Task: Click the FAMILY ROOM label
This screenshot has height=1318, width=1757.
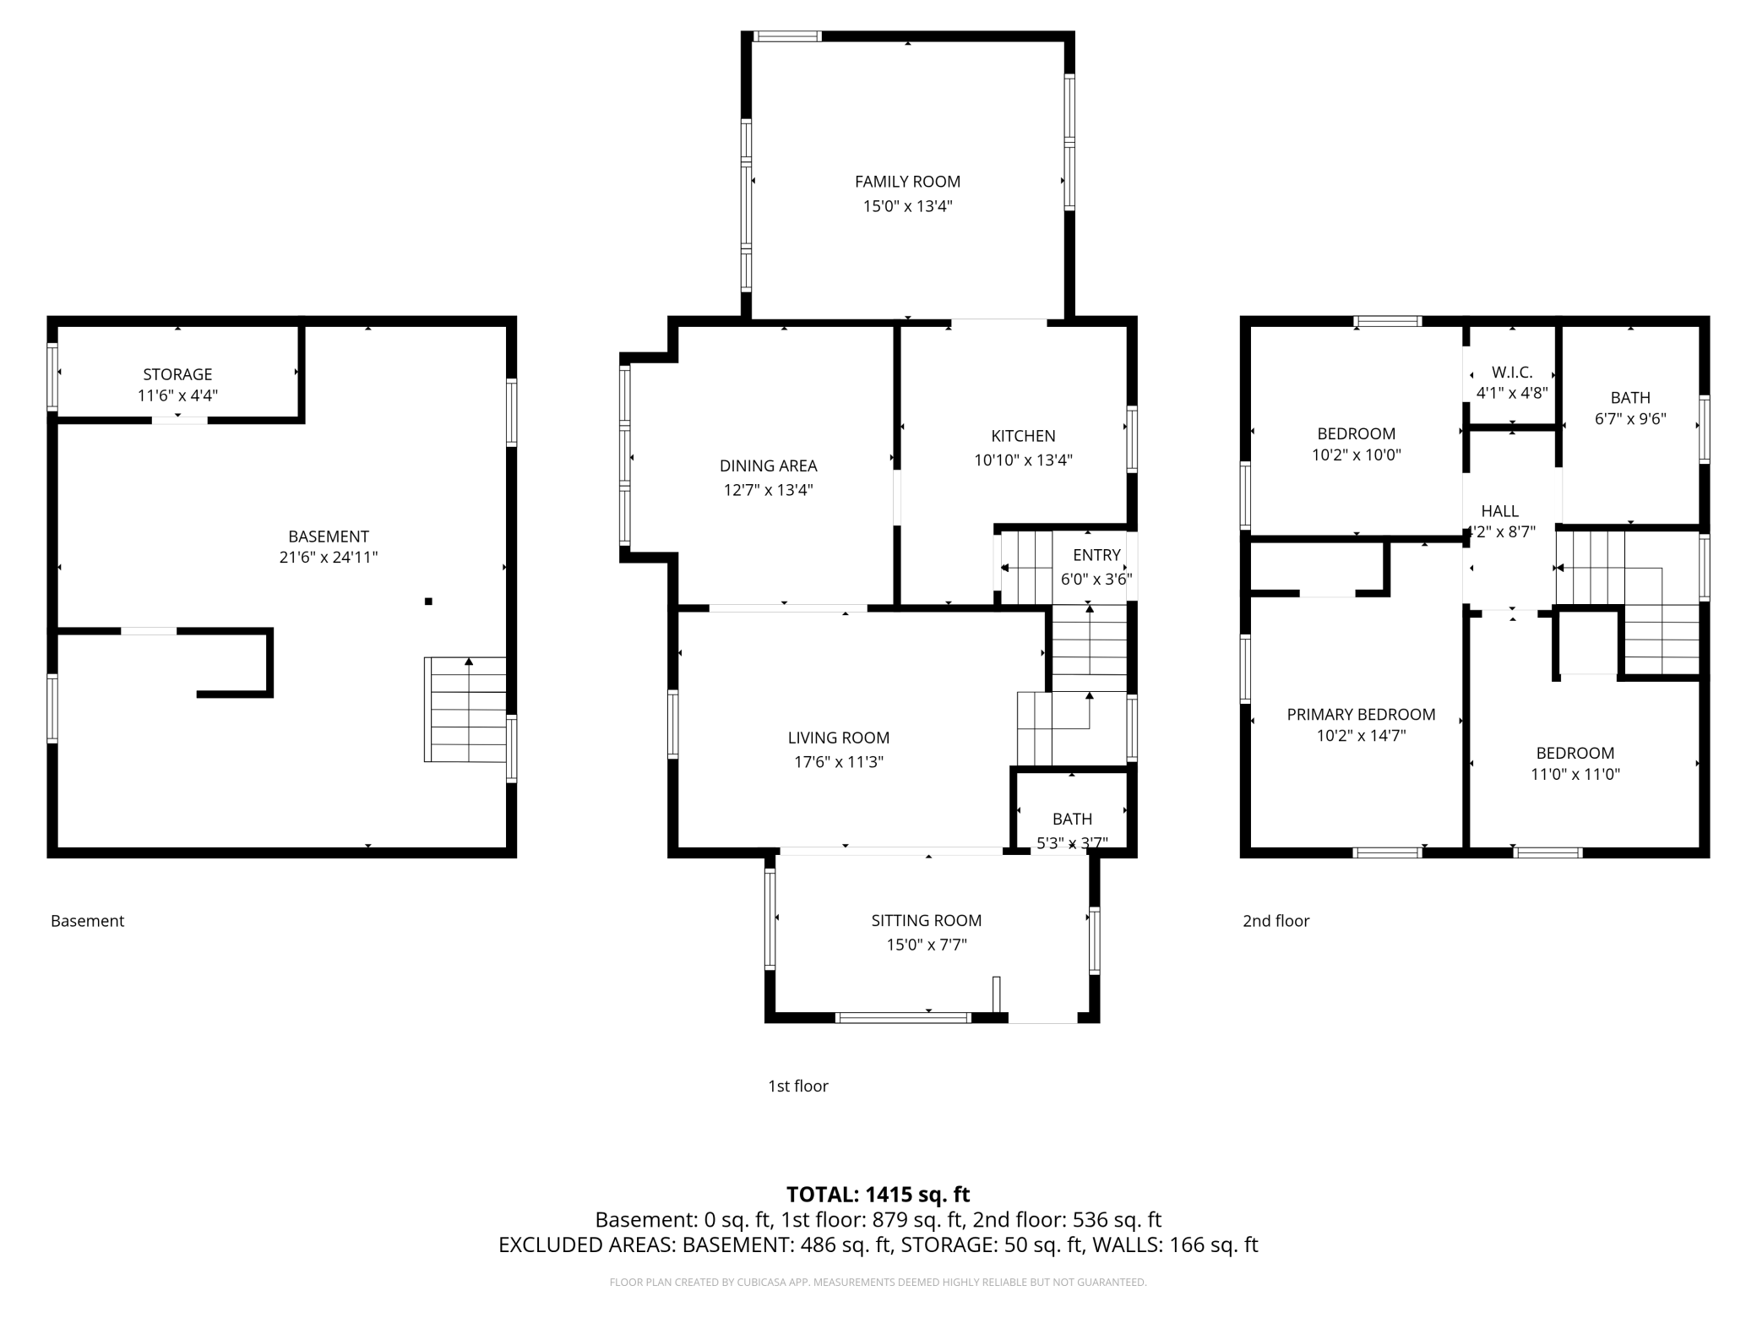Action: coord(907,182)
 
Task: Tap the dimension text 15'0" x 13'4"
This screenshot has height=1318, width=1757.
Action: coord(907,206)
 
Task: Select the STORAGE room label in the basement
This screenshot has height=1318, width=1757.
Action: coord(177,374)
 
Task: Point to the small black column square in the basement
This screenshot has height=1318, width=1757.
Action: coord(428,602)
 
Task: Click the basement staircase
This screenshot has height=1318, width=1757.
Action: coord(465,711)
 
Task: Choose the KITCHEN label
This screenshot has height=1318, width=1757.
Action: coord(1023,436)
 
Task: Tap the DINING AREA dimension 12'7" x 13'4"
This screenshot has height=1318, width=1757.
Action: coord(768,490)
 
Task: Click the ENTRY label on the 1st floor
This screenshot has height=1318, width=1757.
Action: coord(1096,555)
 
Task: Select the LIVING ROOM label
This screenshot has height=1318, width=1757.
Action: coord(838,738)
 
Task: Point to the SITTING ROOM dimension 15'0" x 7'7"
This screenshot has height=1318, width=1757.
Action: coord(926,945)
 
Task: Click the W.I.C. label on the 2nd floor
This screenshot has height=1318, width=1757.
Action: coord(1511,373)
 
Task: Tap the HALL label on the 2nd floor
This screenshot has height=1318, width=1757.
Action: coord(1499,511)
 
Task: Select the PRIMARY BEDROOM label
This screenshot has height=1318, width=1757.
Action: coord(1361,715)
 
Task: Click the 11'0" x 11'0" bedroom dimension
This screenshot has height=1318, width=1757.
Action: coord(1575,774)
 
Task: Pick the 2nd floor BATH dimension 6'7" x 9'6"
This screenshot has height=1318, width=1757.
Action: coord(1629,418)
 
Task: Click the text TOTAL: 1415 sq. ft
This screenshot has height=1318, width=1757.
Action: coord(878,1195)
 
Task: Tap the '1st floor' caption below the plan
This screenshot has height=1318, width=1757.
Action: coord(797,1086)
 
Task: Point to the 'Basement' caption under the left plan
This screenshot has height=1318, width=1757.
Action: coord(87,921)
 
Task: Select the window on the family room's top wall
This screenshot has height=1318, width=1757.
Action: coord(787,36)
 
